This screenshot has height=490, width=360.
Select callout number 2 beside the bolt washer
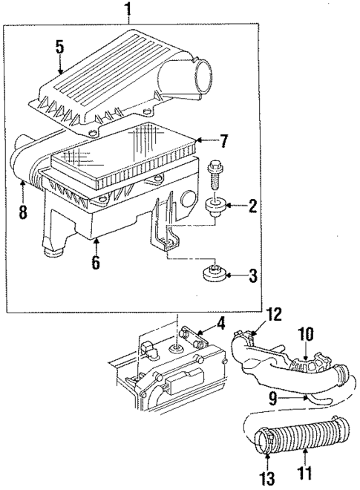253,205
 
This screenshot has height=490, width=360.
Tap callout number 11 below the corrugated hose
305,471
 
